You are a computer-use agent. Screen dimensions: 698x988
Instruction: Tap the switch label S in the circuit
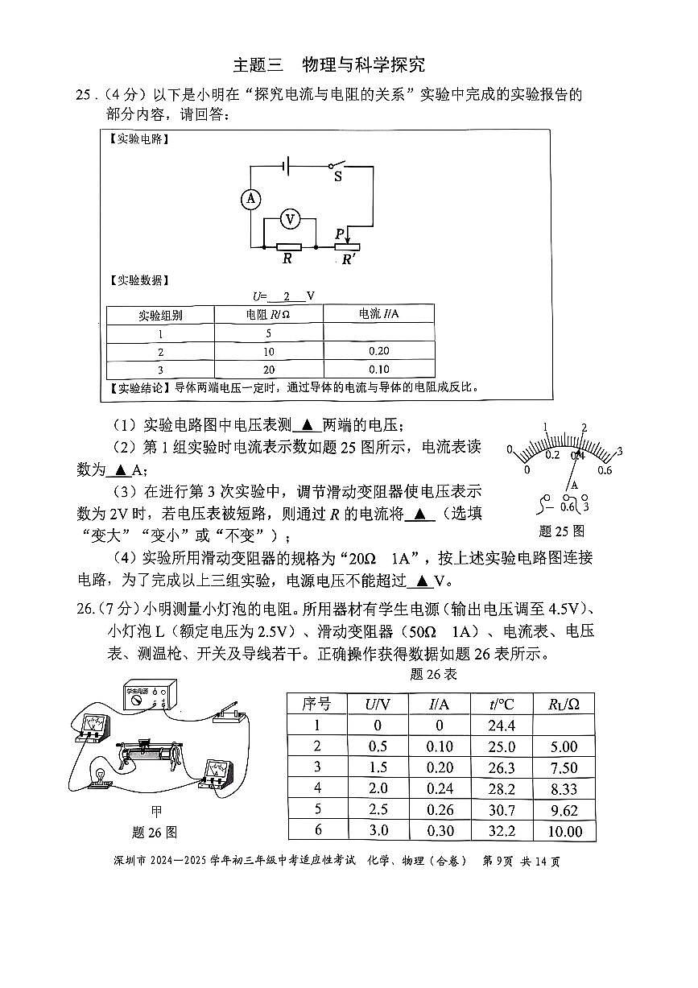click(337, 177)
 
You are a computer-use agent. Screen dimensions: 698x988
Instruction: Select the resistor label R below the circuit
click(287, 259)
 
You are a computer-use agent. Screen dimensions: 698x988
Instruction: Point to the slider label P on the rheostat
click(340, 234)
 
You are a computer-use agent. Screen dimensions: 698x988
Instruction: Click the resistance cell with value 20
click(268, 370)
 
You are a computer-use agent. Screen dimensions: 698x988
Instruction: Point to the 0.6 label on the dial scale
click(605, 470)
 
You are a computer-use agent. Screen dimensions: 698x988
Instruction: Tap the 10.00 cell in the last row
click(563, 832)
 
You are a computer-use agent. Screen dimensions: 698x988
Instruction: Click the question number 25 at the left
click(84, 95)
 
